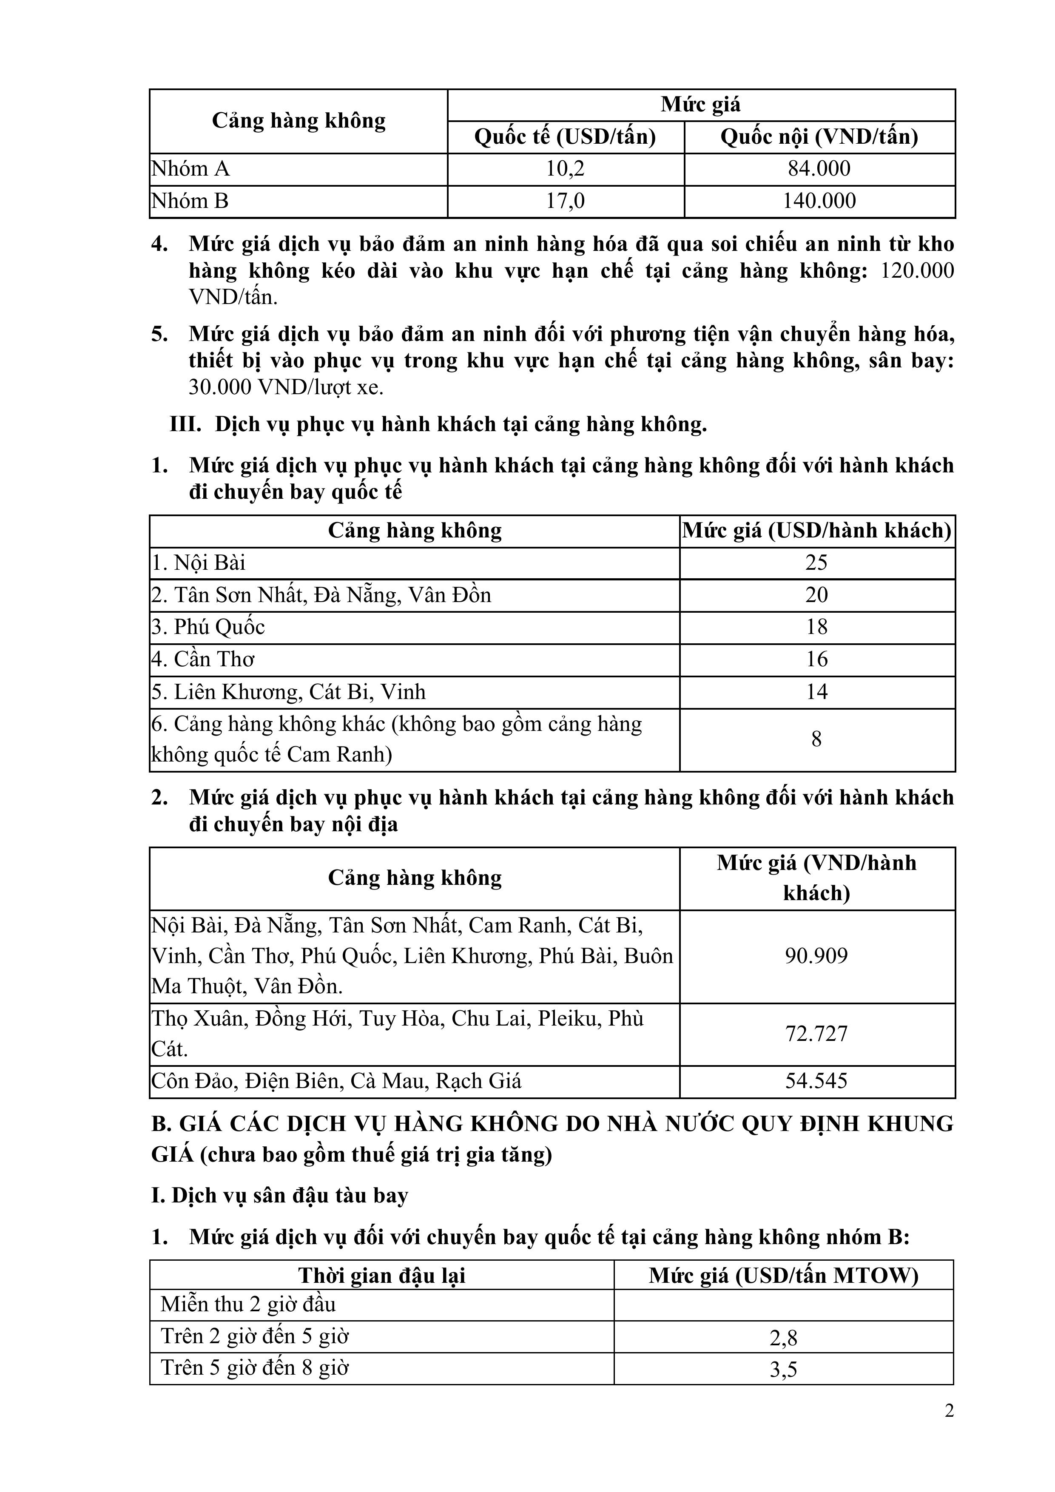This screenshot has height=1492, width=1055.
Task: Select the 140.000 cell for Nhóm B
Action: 819,201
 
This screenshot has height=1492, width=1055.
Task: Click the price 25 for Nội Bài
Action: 816,563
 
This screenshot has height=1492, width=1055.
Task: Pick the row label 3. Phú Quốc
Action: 209,627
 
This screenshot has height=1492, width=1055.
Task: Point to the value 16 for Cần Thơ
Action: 816,659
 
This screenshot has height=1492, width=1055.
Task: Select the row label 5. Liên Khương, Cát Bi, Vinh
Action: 289,692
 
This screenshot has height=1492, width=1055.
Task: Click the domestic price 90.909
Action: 816,956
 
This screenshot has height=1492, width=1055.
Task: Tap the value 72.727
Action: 816,1034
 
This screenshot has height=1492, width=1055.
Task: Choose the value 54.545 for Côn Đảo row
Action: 816,1081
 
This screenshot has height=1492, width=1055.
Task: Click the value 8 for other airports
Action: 816,739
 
